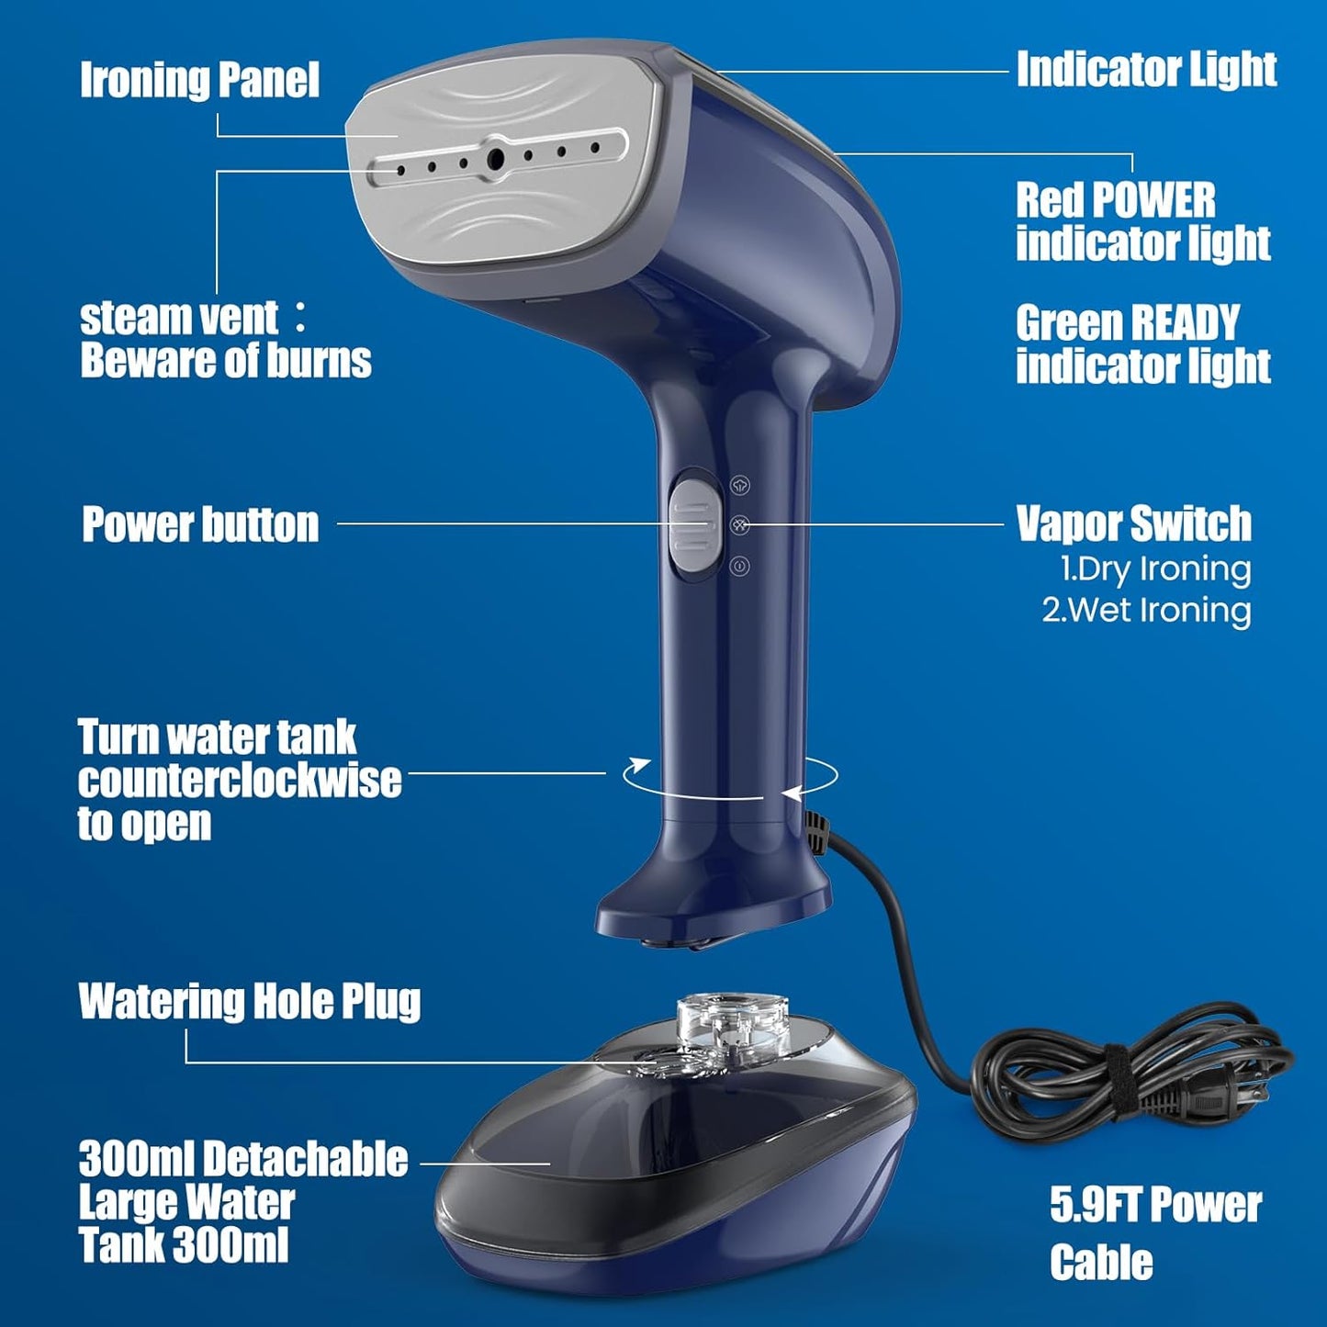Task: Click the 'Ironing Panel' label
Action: coord(199,80)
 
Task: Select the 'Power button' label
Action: coord(200,524)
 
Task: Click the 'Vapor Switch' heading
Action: coord(1133,523)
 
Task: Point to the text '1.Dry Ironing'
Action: coord(1155,569)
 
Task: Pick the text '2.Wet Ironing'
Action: coord(1146,611)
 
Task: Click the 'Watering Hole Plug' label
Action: coord(250,1001)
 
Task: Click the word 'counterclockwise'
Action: coord(240,781)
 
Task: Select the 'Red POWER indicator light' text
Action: coord(1142,221)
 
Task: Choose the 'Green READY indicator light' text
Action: coord(1142,344)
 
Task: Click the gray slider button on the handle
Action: coord(693,524)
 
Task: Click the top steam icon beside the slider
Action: coord(740,484)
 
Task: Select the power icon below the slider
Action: coord(740,567)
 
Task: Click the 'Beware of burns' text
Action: coord(225,360)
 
